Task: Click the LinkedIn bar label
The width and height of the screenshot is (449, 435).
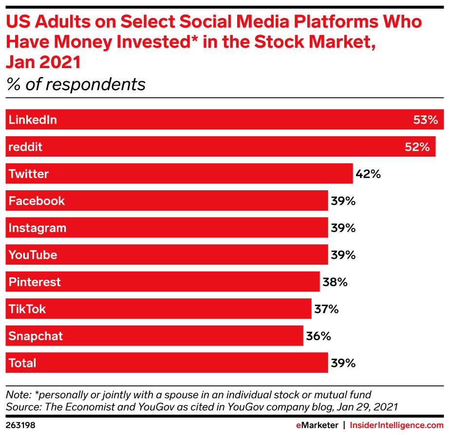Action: coord(33,120)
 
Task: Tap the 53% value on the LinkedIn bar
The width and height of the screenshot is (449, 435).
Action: coord(426,120)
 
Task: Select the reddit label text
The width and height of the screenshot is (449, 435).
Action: coord(25,147)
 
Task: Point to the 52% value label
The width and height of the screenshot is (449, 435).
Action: coord(417,147)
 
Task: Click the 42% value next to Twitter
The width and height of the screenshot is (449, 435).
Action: coord(368,174)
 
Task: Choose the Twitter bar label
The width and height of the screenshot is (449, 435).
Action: coord(29,174)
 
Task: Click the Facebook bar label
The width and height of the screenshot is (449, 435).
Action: coord(37,201)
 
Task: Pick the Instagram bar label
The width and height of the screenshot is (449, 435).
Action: coord(37,228)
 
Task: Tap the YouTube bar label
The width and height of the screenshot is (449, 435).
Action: coord(33,255)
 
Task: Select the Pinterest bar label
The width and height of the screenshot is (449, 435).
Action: coord(35,282)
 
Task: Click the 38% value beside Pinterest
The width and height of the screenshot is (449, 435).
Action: coord(335,282)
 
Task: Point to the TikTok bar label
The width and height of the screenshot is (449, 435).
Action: coord(27,309)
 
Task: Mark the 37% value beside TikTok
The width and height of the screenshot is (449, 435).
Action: coord(326,309)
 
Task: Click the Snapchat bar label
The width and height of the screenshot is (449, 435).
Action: coord(36,336)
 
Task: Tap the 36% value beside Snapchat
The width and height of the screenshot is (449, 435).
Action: coord(318,336)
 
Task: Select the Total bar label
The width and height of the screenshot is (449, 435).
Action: coord(22,363)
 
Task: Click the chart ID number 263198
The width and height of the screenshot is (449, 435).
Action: coord(20,425)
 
